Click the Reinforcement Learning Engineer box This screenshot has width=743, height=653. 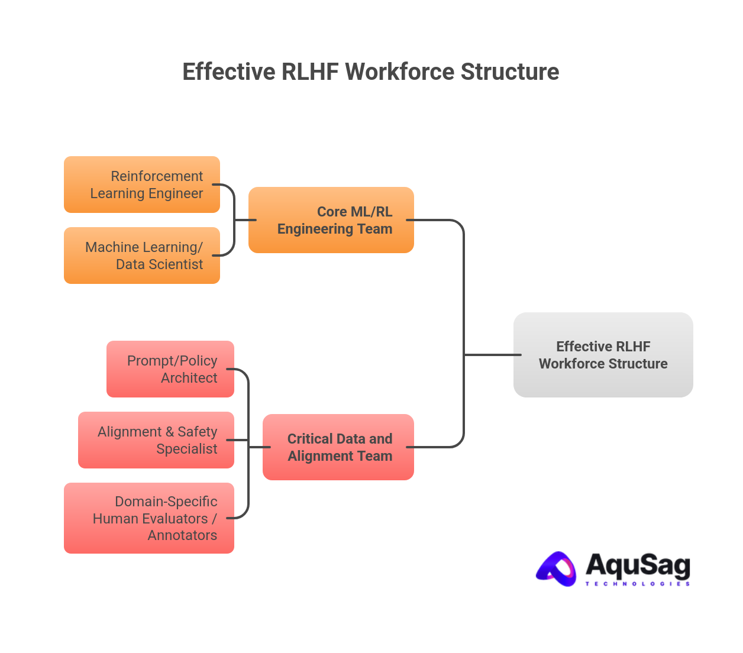point(142,185)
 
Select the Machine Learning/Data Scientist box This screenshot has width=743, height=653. point(142,256)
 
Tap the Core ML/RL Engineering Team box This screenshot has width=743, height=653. point(331,220)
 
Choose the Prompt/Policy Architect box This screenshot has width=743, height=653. point(170,369)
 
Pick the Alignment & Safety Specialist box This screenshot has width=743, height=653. point(156,440)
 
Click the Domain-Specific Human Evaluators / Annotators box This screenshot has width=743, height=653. point(149,518)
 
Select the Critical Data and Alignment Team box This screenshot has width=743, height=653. point(338,447)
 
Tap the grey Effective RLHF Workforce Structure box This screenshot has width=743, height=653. point(603,355)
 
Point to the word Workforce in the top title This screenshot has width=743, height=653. point(400,72)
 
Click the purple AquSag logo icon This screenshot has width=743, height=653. point(557,569)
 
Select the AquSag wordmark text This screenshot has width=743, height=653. point(638,565)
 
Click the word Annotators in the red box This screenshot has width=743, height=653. point(182,535)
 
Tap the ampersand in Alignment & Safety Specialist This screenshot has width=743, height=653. point(170,432)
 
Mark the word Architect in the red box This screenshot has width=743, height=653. point(189,378)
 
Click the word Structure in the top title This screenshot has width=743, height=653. point(510,72)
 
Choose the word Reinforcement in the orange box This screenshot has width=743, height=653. point(157,176)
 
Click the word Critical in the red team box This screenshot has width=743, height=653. point(310,439)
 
